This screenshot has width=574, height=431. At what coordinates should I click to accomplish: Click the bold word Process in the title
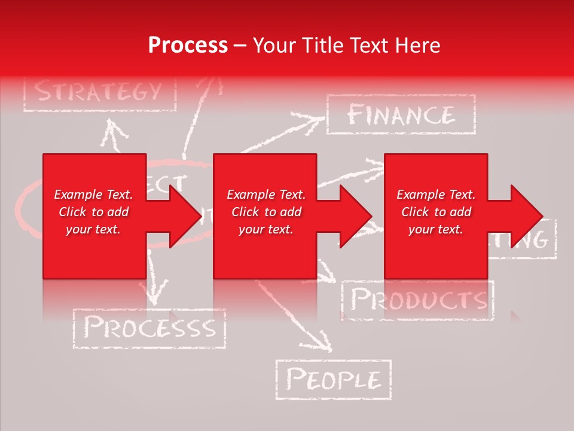click(x=188, y=45)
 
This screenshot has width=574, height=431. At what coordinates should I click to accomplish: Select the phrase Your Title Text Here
click(x=346, y=45)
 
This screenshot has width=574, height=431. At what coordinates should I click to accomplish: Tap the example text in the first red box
click(x=93, y=212)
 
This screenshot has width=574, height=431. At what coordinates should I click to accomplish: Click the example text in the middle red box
click(x=266, y=212)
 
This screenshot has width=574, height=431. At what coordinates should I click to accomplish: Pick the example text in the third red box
click(x=436, y=212)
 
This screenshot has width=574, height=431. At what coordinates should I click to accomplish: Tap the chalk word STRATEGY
click(x=99, y=92)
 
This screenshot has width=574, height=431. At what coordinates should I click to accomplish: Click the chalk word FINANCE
click(x=401, y=114)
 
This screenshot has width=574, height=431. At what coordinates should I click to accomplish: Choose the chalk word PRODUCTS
click(x=418, y=299)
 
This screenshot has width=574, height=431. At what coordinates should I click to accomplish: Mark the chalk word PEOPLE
click(x=333, y=380)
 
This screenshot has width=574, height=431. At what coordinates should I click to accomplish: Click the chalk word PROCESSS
click(x=149, y=328)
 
